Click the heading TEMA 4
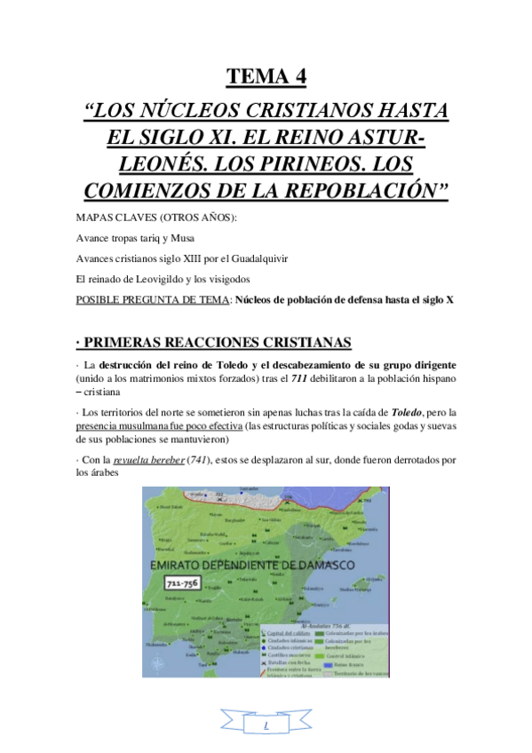click(x=266, y=77)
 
